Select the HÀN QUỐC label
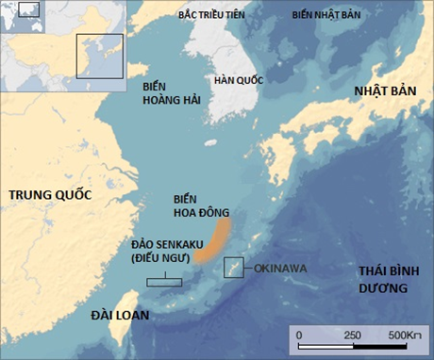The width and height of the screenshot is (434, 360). (238, 81)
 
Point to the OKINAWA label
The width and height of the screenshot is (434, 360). (281, 269)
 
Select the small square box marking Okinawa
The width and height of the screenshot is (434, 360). (233, 268)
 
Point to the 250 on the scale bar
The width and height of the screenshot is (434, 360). (352, 335)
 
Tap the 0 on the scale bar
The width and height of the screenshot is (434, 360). (299, 335)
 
